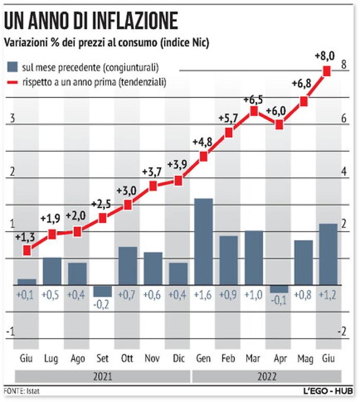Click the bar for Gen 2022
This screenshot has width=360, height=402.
pyautogui.click(x=203, y=241)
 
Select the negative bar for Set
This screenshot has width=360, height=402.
pyautogui.click(x=102, y=291)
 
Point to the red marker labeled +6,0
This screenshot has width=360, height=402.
pyautogui.click(x=279, y=124)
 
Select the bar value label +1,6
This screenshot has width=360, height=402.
pyautogui.click(x=203, y=296)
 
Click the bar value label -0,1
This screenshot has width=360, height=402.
pyautogui.click(x=279, y=300)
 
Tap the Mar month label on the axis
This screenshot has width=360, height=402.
pyautogui.click(x=253, y=358)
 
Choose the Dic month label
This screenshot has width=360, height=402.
pyautogui.click(x=178, y=358)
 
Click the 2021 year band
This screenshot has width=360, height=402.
pyautogui.click(x=102, y=376)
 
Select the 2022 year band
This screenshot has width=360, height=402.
pyautogui.click(x=266, y=376)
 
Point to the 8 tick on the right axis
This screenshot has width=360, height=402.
pyautogui.click(x=344, y=65)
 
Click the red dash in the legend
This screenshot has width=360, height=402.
pyautogui.click(x=12, y=82)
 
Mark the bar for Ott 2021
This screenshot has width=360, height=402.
pyautogui.click(x=128, y=265)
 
